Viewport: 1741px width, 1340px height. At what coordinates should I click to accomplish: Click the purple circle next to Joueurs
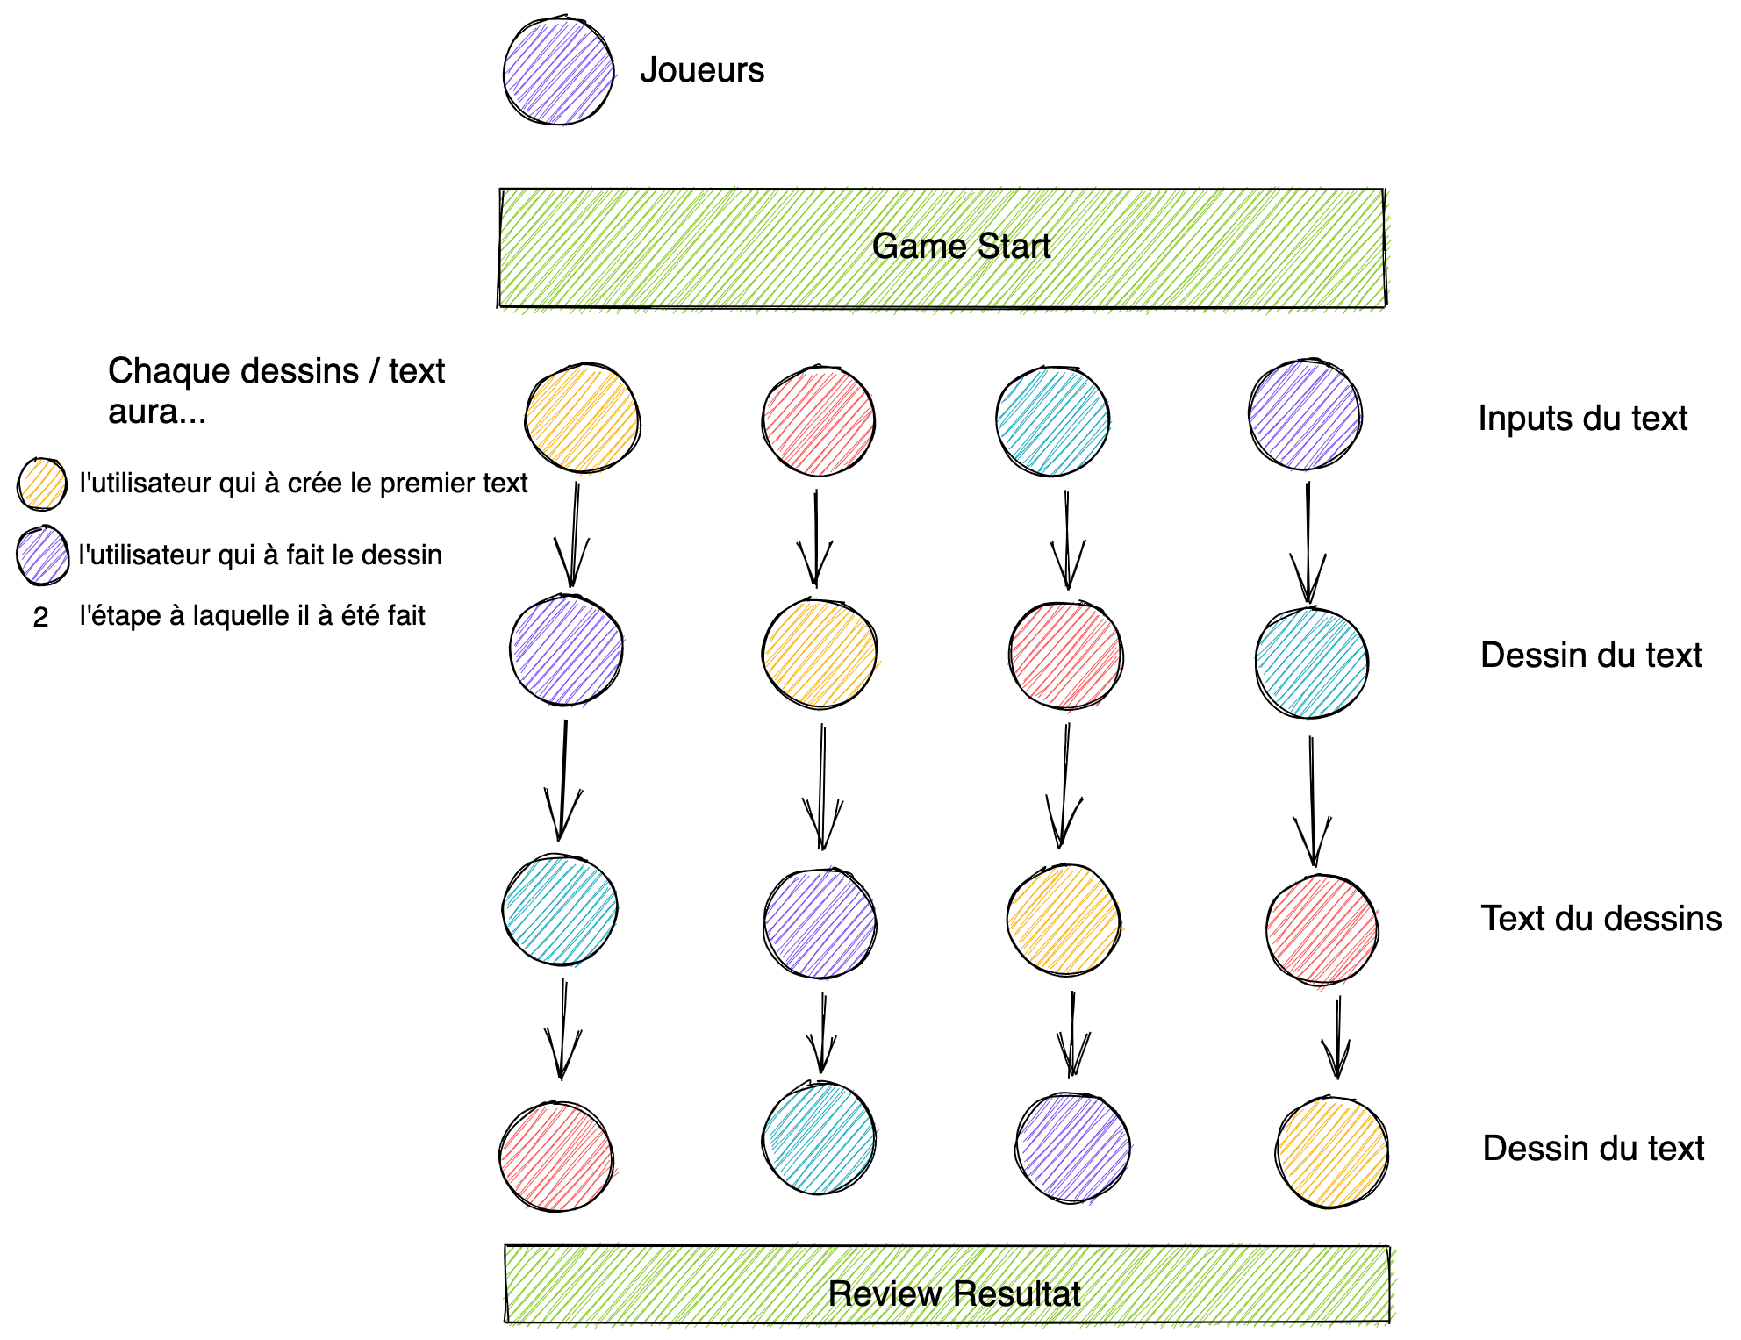click(x=558, y=71)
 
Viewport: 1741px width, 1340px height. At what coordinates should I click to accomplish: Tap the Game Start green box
click(x=942, y=248)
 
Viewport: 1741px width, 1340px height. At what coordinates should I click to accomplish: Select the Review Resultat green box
click(x=947, y=1285)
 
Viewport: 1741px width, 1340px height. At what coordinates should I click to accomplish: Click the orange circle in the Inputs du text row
click(x=582, y=419)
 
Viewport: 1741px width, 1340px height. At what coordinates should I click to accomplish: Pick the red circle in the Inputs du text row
click(x=818, y=421)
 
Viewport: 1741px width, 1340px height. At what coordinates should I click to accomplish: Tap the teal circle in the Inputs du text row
click(x=1052, y=421)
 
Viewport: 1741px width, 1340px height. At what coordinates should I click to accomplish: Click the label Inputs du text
click(x=1582, y=419)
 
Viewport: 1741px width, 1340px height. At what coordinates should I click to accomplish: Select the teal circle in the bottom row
click(x=819, y=1138)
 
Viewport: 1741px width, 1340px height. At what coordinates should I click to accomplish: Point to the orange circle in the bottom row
click(x=1331, y=1152)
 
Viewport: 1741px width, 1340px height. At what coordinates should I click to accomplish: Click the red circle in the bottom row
click(x=555, y=1157)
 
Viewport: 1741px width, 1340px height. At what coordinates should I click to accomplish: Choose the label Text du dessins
click(x=1601, y=919)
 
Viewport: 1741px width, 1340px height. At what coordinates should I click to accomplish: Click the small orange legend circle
click(x=42, y=484)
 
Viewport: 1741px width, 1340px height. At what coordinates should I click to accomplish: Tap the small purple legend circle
click(x=42, y=555)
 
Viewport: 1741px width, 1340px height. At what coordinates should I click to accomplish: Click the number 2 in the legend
click(x=40, y=618)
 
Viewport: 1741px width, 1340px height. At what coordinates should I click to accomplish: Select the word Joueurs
click(x=701, y=70)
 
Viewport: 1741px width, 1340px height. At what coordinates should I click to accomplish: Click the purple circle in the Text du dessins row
click(x=820, y=923)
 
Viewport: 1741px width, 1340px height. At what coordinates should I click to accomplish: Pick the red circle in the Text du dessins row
click(x=1322, y=930)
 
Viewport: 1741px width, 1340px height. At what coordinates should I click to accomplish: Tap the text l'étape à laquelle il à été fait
click(x=252, y=616)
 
